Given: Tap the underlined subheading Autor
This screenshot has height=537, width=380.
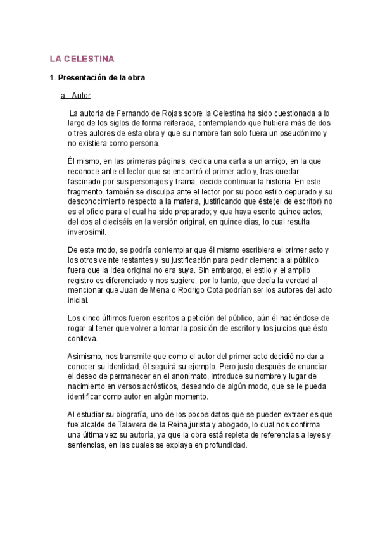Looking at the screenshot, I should (x=81, y=96).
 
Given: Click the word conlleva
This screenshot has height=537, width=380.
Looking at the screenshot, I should (x=84, y=338).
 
